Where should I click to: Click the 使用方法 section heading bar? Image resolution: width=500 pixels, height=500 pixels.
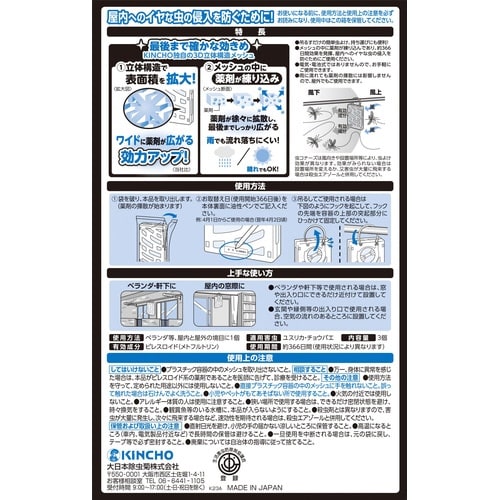(x=250, y=187)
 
